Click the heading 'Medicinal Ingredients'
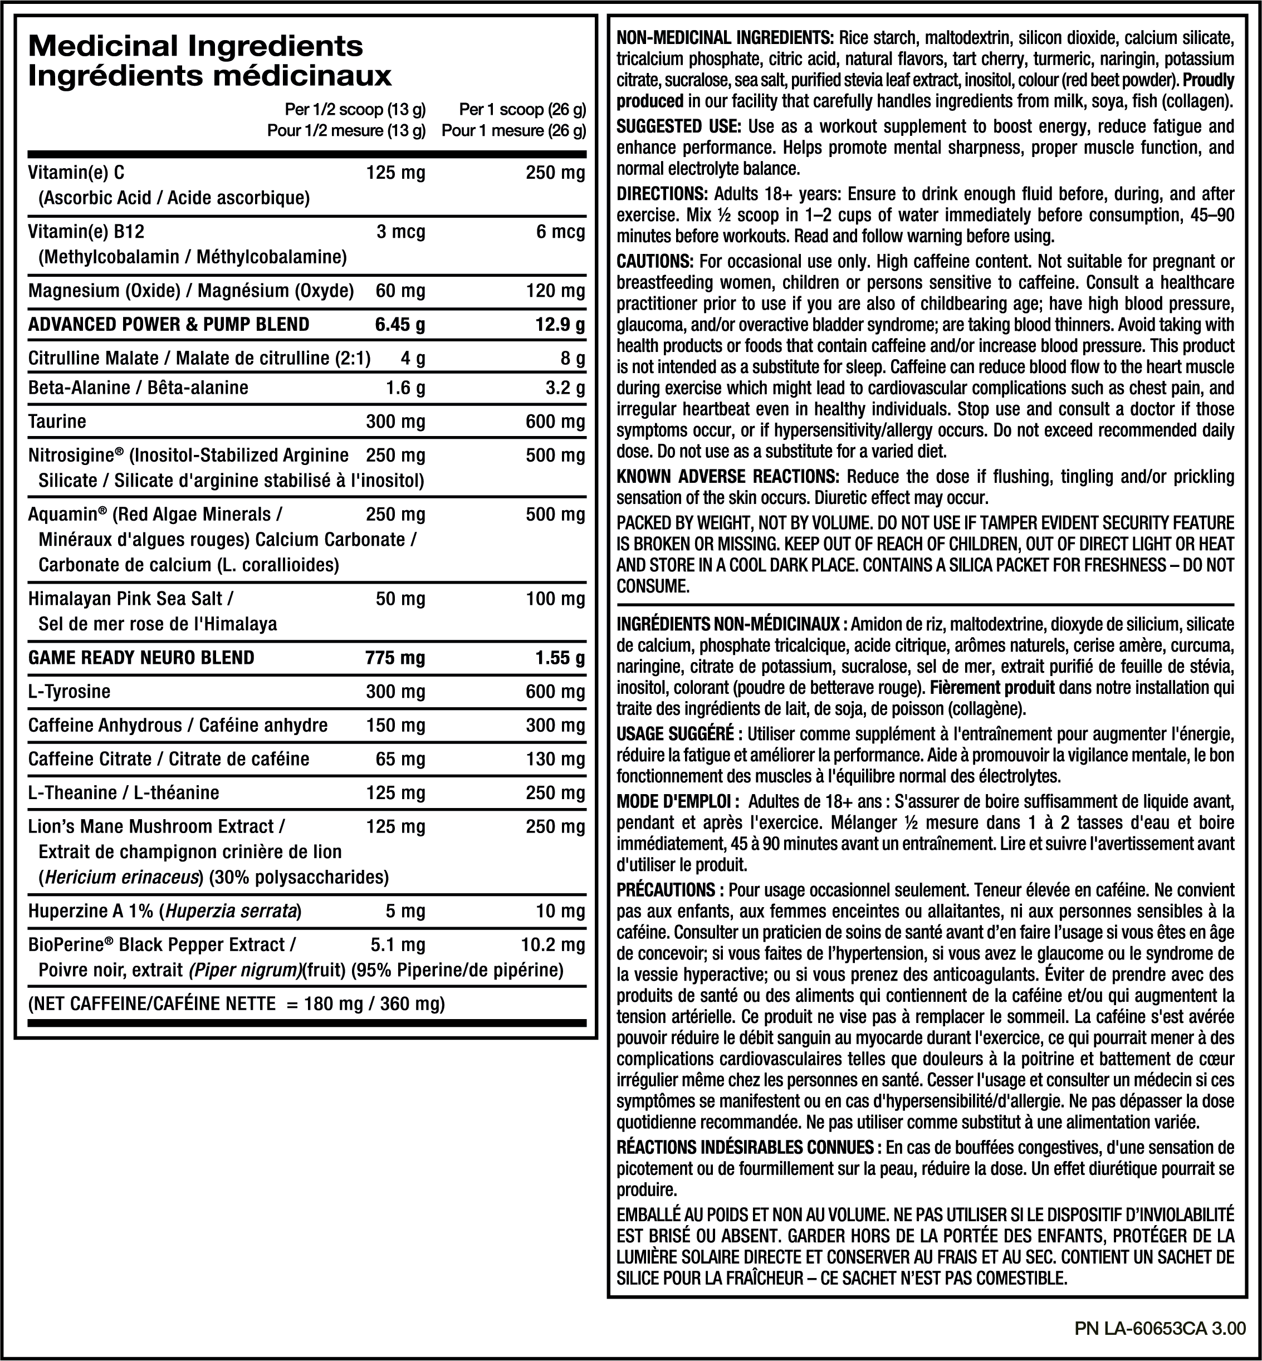click(195, 46)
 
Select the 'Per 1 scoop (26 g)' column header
click(522, 109)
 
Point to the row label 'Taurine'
click(57, 422)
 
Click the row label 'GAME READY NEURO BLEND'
click(141, 658)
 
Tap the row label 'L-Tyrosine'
click(69, 692)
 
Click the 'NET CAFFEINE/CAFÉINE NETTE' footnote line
click(236, 1004)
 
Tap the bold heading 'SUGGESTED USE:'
click(678, 126)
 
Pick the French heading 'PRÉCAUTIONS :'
click(670, 890)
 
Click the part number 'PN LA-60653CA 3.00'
click(1160, 1328)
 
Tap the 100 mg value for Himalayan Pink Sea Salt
click(555, 599)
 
